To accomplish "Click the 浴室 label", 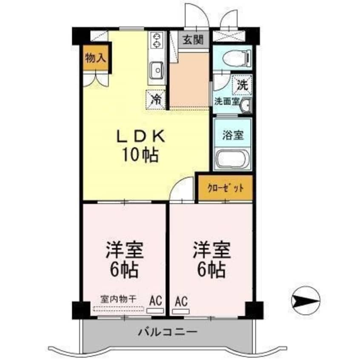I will [233, 136].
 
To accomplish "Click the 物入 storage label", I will [95, 58].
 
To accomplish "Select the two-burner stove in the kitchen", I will [157, 40].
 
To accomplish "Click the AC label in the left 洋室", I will [155, 300].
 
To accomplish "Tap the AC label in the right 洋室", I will [180, 300].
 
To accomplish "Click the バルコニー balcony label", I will [167, 331].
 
